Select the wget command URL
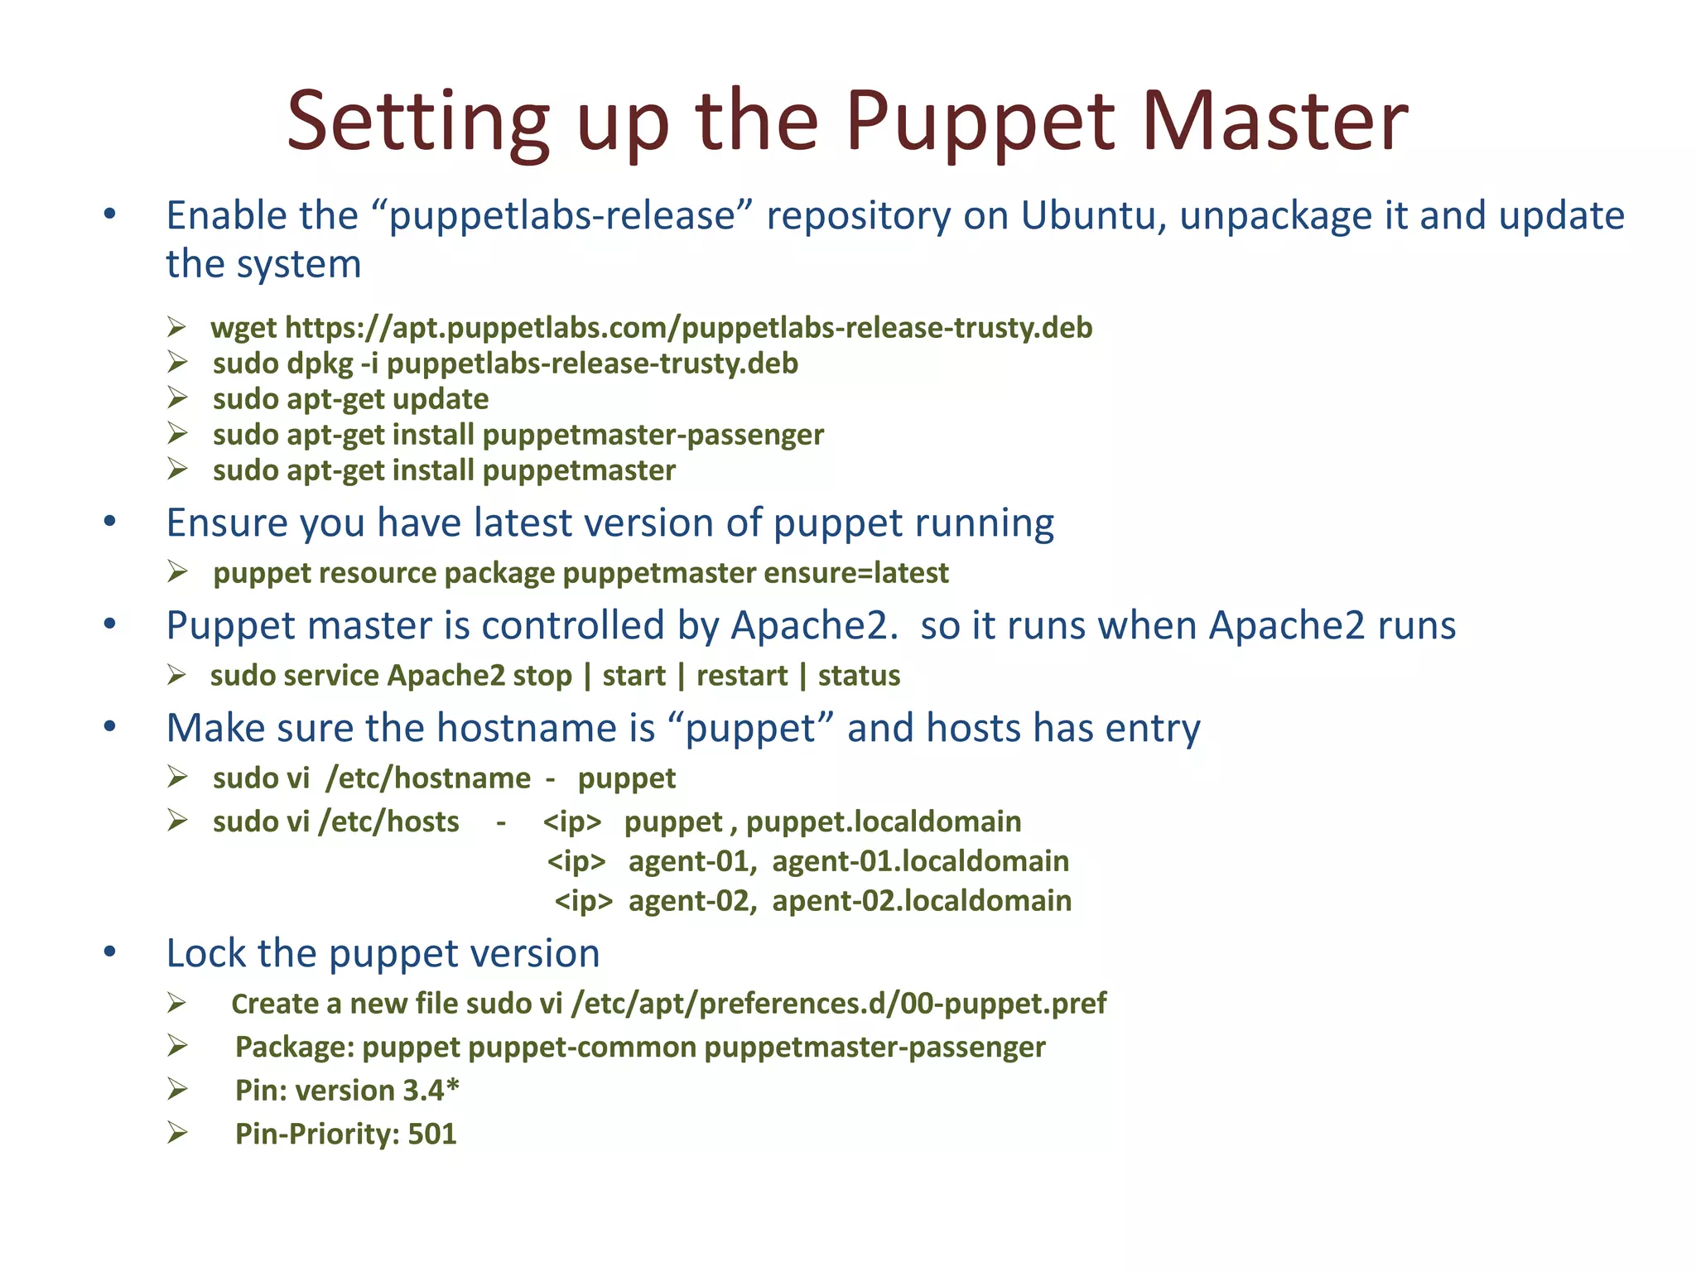tap(688, 328)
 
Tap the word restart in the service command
tap(741, 676)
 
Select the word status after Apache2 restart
tap(859, 676)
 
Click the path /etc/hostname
tap(428, 778)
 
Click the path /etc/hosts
tap(388, 821)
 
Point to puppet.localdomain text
tap(883, 821)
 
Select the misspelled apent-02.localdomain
tap(922, 900)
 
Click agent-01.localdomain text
tap(920, 861)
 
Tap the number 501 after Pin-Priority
tap(431, 1134)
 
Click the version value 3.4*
tap(431, 1091)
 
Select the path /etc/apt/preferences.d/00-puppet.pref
tap(838, 1004)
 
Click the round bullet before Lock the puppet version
tap(110, 952)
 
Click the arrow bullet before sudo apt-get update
tap(177, 398)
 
